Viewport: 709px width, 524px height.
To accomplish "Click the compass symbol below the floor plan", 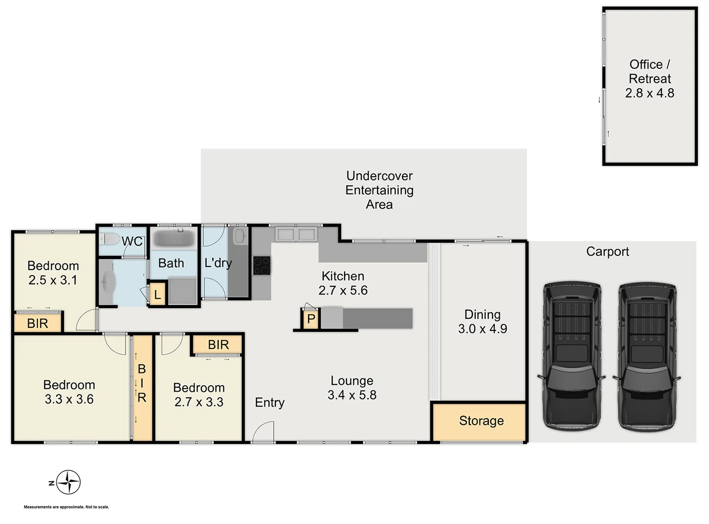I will (x=68, y=482).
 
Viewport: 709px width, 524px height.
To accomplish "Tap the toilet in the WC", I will (x=110, y=239).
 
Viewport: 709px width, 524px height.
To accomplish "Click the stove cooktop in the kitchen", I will (x=262, y=266).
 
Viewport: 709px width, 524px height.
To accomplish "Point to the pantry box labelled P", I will (x=311, y=319).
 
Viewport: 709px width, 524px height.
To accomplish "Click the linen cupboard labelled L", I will (x=157, y=295).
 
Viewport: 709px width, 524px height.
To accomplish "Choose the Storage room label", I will (x=481, y=421).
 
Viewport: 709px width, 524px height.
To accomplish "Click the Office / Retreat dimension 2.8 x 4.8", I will (x=649, y=93).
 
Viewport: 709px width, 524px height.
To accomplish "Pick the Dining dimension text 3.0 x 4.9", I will (x=482, y=329).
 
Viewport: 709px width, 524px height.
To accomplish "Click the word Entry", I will (x=269, y=403).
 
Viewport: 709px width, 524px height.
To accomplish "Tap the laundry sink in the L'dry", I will (x=239, y=236).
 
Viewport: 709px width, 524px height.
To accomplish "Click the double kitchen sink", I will (x=296, y=235).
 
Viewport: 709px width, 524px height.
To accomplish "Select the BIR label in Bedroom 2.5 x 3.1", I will (x=37, y=324).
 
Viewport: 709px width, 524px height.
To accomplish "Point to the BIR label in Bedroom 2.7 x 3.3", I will (x=218, y=345).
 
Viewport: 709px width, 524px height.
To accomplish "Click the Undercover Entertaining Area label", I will (x=379, y=190).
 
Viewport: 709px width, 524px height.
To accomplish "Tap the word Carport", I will (x=607, y=251).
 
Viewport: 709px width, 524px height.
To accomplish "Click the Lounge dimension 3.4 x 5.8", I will (x=352, y=395).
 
